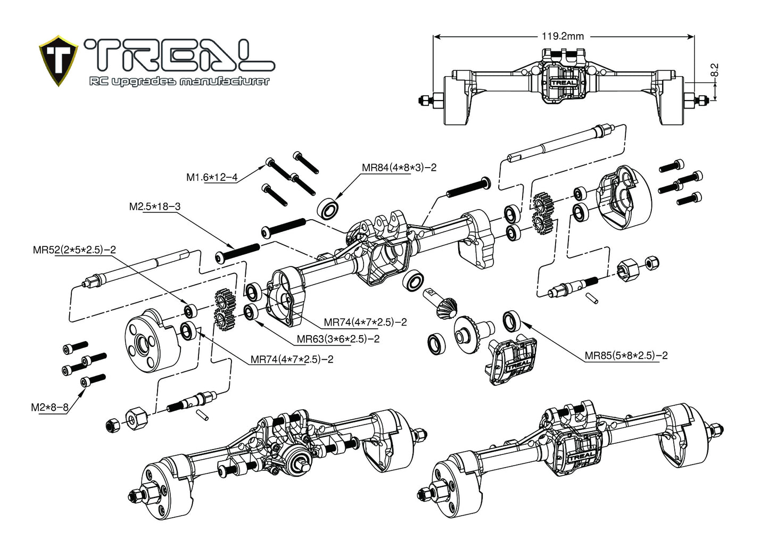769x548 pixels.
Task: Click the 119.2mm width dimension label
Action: click(563, 36)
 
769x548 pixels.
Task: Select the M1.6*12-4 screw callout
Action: click(211, 177)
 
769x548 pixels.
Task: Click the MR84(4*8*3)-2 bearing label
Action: click(399, 167)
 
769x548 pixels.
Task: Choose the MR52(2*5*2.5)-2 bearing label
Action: click(75, 250)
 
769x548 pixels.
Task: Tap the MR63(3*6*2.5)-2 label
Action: click(338, 339)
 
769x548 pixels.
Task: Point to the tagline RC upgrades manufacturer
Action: click(179, 81)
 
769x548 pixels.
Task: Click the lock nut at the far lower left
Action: click(112, 424)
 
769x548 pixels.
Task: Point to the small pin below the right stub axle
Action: click(593, 298)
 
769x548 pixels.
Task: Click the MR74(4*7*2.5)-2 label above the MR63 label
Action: click(365, 322)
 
